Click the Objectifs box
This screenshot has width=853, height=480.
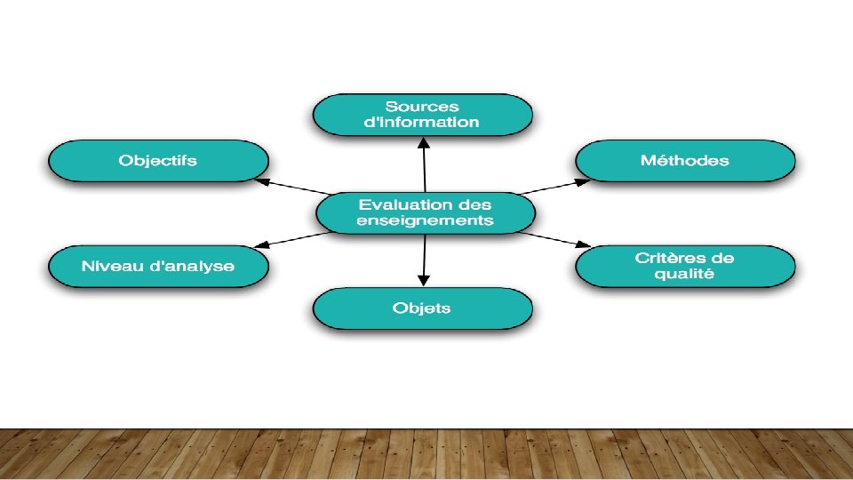tap(157, 162)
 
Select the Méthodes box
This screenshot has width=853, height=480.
tap(685, 162)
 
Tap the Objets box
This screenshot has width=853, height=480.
tap(422, 308)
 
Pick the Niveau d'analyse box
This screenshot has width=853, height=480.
tap(157, 266)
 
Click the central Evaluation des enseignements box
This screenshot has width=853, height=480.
tap(426, 212)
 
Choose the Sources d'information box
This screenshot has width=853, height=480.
tap(422, 115)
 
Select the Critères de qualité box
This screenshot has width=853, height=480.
tap(685, 266)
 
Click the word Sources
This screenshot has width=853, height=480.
tap(422, 107)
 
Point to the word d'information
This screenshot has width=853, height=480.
tap(422, 123)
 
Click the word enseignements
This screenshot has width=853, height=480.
tap(425, 220)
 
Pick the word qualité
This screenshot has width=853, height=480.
tap(684, 275)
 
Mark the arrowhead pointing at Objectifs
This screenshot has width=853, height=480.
tap(260, 180)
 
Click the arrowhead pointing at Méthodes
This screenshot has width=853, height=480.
tap(583, 180)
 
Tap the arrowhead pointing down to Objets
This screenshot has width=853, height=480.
tap(424, 282)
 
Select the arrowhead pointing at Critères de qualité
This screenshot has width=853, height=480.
tap(584, 244)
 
